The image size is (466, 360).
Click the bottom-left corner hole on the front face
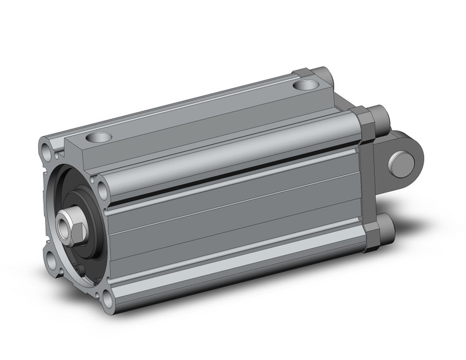[51, 261]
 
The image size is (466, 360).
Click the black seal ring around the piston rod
[84, 218]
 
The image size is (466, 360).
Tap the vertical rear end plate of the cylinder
[369, 184]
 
